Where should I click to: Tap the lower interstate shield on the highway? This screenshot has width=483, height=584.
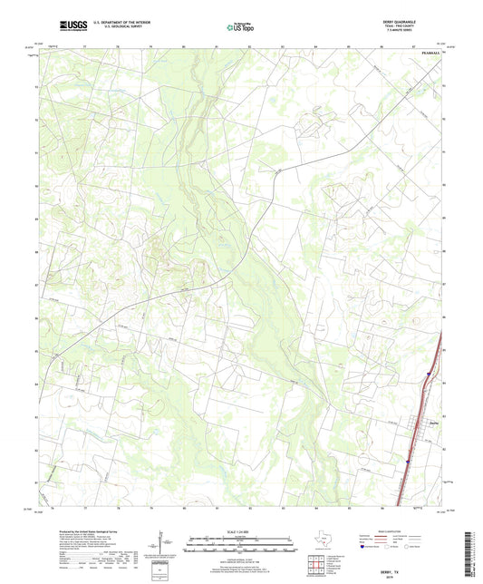(x=406, y=462)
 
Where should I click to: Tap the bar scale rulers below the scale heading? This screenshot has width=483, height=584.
(x=242, y=549)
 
